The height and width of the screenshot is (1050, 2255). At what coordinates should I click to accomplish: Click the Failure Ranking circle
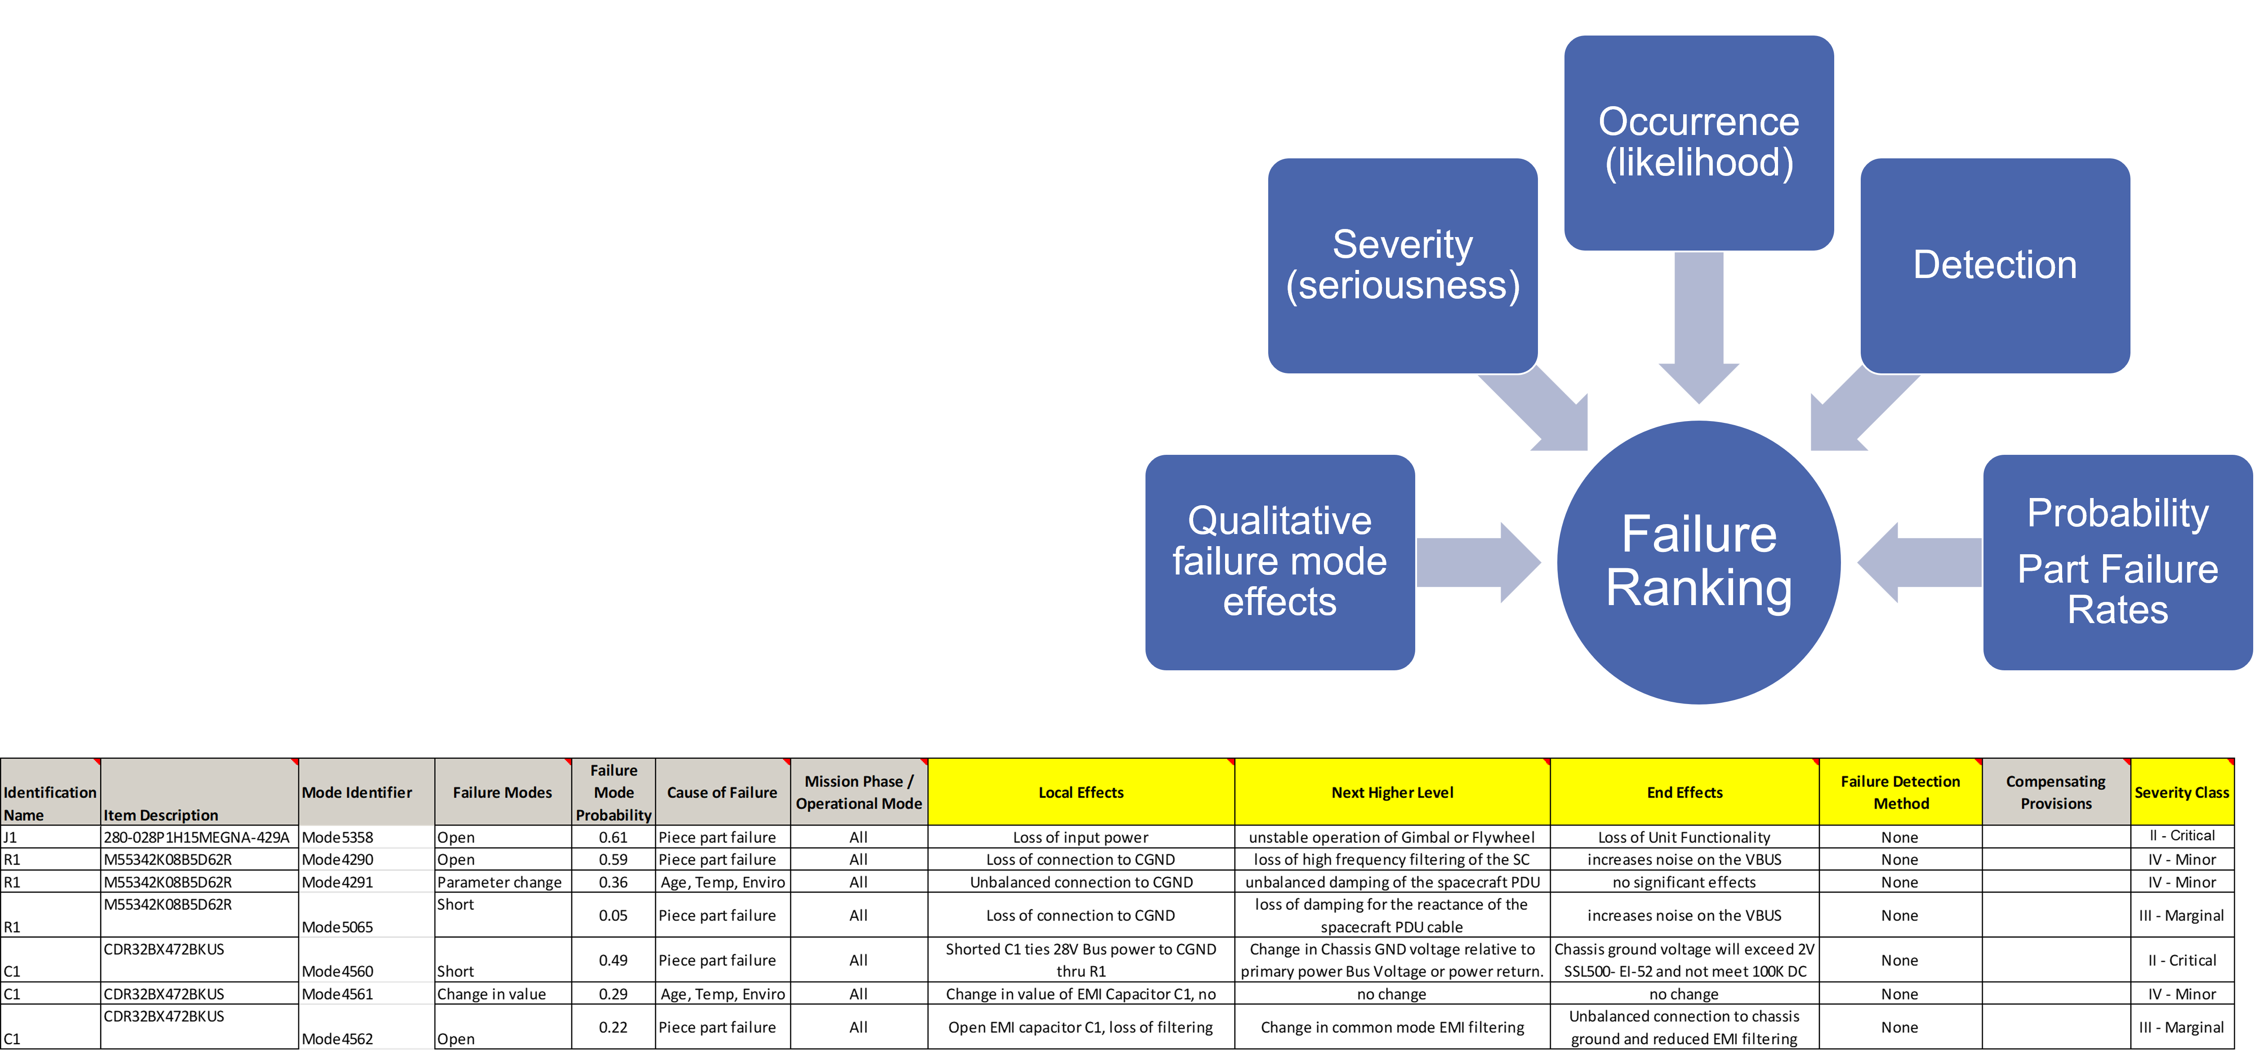pyautogui.click(x=1698, y=562)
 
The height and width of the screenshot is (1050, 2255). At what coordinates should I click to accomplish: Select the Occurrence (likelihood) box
pyautogui.click(x=1698, y=143)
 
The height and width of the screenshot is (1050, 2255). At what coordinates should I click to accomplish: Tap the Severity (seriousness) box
pyautogui.click(x=1402, y=265)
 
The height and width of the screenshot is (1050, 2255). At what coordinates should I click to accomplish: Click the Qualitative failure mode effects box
pyautogui.click(x=1280, y=562)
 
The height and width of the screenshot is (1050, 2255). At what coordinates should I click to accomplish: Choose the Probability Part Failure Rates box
pyautogui.click(x=2117, y=562)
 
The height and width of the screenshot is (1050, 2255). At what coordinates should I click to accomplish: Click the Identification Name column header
pyautogui.click(x=50, y=793)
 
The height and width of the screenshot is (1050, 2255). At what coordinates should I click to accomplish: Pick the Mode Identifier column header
pyautogui.click(x=366, y=793)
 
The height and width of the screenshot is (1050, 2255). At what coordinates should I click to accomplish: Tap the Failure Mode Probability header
pyautogui.click(x=614, y=793)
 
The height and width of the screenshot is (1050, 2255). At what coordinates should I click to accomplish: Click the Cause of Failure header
pyautogui.click(x=722, y=793)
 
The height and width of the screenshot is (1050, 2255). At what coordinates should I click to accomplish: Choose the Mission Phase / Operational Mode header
pyautogui.click(x=859, y=793)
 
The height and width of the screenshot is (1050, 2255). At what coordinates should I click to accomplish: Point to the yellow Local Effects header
pyautogui.click(x=1081, y=793)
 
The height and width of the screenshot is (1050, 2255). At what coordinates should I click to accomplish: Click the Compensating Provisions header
pyautogui.click(x=2055, y=793)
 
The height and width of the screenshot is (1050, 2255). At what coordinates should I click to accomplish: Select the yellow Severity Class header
pyautogui.click(x=2181, y=793)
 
